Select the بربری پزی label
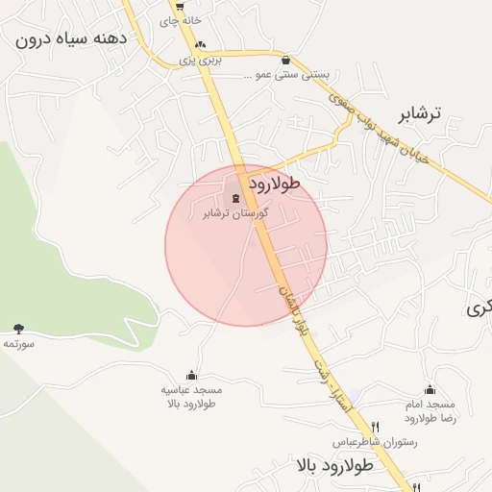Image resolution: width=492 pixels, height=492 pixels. [x=203, y=60]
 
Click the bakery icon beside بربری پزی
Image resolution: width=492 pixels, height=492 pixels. [x=200, y=44]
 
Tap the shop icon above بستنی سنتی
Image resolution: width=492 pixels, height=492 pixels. [x=285, y=60]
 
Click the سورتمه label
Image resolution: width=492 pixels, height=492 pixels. [x=19, y=343]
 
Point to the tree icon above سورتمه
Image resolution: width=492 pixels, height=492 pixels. [x=19, y=330]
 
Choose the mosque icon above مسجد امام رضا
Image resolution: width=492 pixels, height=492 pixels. [x=430, y=389]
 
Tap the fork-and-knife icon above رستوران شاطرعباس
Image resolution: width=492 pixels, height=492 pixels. [x=375, y=428]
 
